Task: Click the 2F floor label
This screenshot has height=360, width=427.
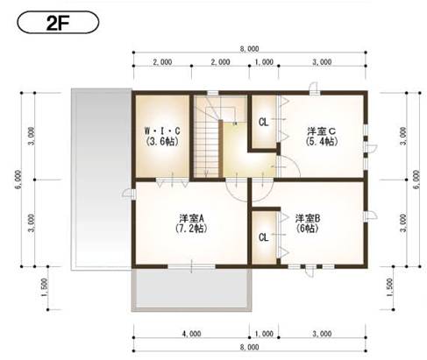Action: click(58, 23)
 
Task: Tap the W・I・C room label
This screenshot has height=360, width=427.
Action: click(162, 131)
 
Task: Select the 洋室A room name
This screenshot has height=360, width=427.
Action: click(191, 218)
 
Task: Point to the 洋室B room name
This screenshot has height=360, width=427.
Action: click(308, 218)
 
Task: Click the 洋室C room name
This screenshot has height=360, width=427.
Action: click(321, 131)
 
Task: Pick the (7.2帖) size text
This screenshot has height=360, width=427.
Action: click(191, 228)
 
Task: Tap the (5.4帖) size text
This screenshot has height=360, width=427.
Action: click(322, 141)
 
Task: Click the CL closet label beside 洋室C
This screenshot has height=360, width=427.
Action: click(263, 123)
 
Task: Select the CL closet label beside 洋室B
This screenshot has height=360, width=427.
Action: click(263, 237)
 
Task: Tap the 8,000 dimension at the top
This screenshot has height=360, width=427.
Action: click(249, 49)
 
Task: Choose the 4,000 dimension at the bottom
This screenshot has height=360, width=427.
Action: click(191, 334)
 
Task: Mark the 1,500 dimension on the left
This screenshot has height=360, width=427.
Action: click(44, 287)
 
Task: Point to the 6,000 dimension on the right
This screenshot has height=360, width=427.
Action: click(416, 180)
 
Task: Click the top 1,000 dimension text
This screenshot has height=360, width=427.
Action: click(264, 62)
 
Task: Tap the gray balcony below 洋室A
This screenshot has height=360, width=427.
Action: click(191, 290)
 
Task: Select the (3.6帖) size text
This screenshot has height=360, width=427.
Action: click(162, 141)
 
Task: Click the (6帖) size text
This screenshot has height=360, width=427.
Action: click(307, 228)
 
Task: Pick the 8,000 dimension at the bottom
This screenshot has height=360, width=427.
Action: click(249, 347)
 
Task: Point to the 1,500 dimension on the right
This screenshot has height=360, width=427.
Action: click(389, 287)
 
